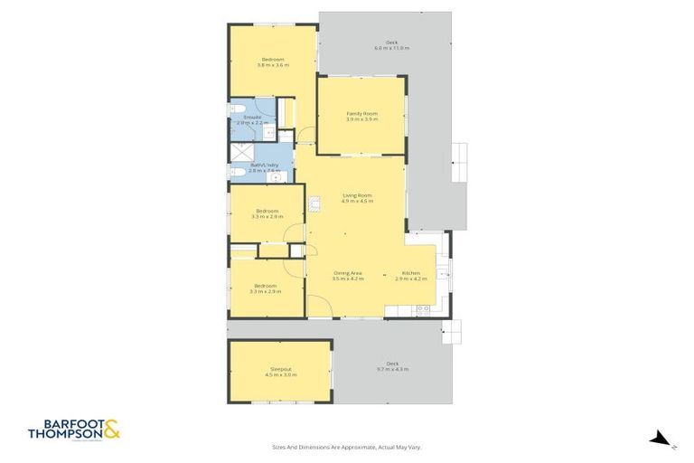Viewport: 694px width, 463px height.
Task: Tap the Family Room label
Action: [x=361, y=113]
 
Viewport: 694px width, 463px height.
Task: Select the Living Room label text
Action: [x=357, y=195]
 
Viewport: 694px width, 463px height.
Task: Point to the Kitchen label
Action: [x=411, y=273]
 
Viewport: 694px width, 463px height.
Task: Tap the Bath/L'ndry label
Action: [x=251, y=165]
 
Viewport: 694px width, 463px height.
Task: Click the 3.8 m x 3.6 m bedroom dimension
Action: [x=272, y=65]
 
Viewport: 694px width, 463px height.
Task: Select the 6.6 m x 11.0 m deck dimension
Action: [x=392, y=48]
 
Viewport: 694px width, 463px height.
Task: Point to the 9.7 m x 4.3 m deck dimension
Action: [x=392, y=369]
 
